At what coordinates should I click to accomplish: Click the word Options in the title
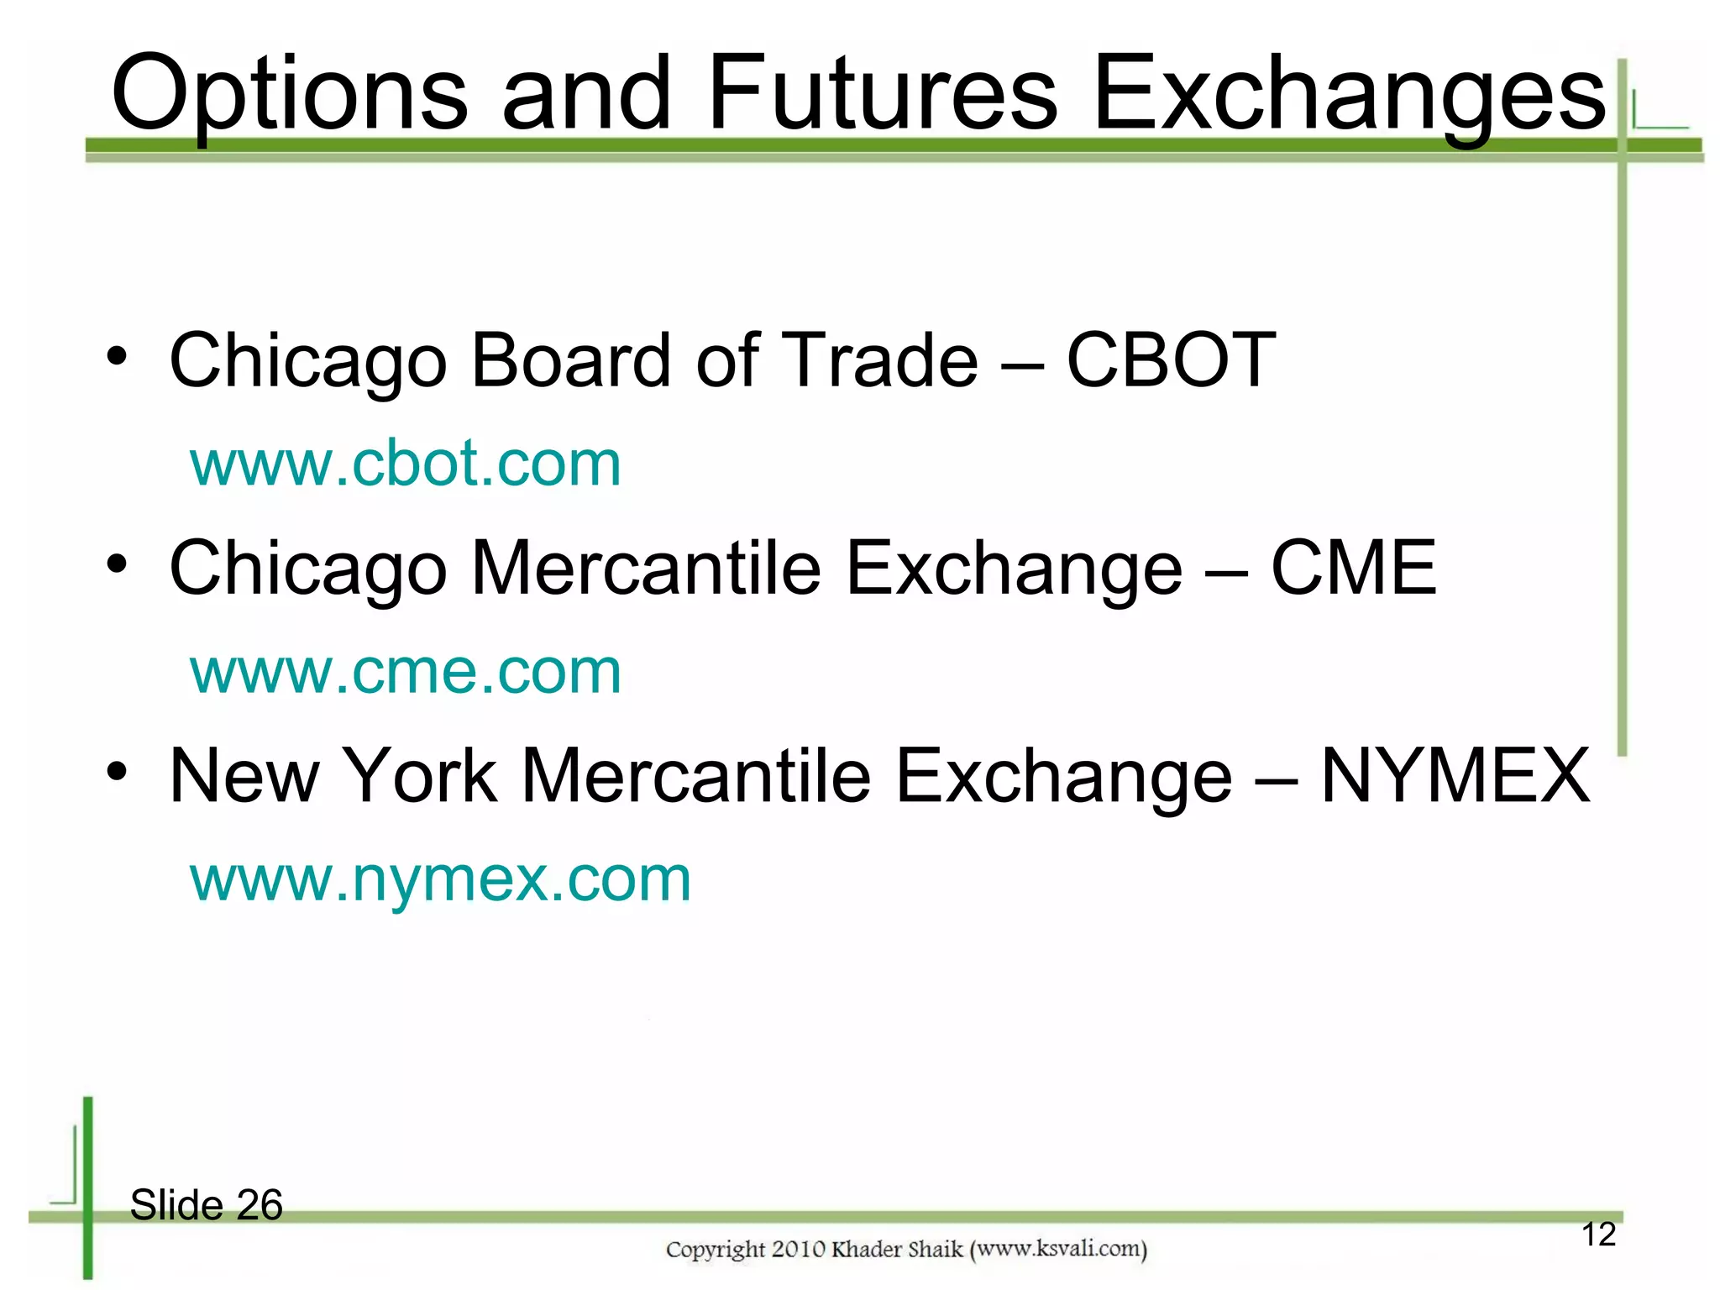(290, 94)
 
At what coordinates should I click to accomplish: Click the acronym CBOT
(1171, 360)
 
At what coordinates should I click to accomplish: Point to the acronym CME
(1353, 569)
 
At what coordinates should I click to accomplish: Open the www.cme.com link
(406, 671)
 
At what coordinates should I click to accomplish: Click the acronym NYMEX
(1455, 776)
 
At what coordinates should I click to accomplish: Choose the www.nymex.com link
(440, 879)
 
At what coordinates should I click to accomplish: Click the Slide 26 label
(207, 1205)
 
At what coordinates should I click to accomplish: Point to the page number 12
(1598, 1235)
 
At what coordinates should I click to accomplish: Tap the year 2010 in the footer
(798, 1250)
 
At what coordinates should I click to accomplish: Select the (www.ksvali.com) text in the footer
(1058, 1250)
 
